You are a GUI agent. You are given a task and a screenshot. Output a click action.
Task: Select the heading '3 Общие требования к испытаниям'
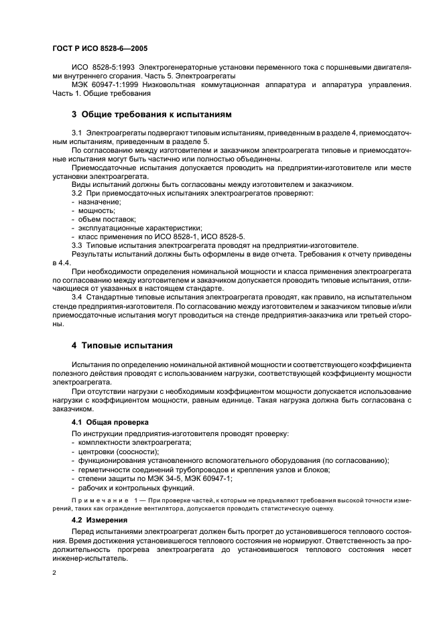[x=151, y=115]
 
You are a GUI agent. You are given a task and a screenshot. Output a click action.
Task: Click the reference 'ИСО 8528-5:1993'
[x=101, y=68]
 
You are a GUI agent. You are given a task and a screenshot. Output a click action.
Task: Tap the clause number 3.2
[x=76, y=193]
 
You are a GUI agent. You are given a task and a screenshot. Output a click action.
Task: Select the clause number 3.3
[x=76, y=245]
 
